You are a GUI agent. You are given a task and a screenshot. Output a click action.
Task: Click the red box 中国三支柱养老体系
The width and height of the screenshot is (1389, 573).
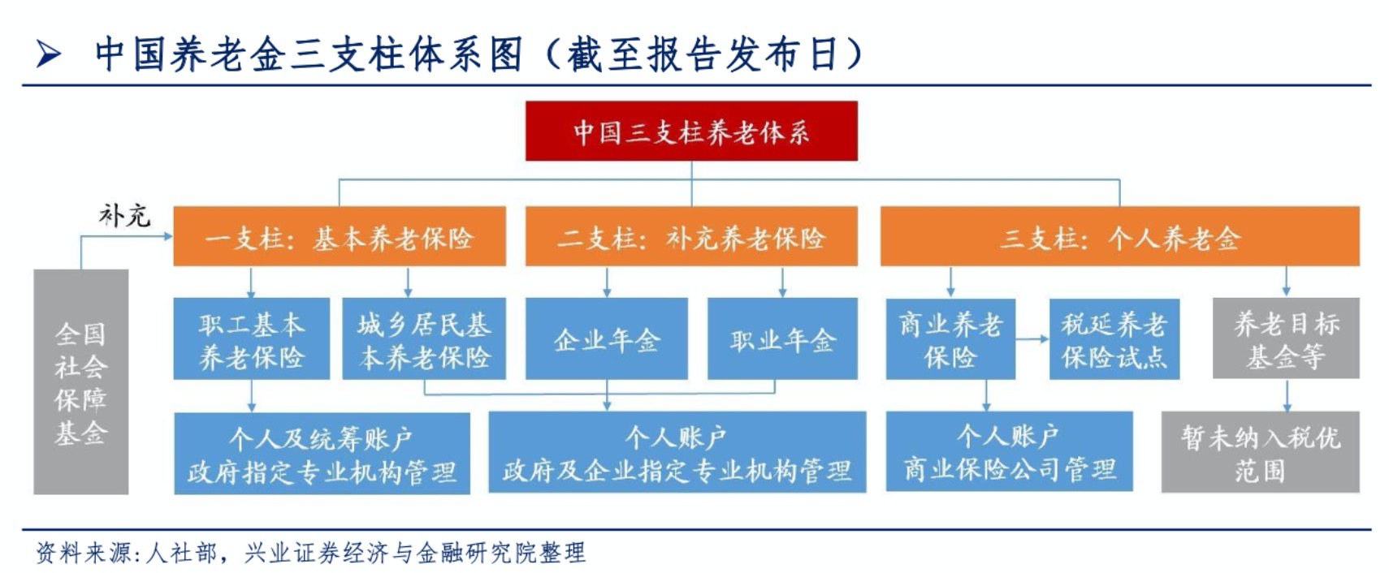tap(690, 131)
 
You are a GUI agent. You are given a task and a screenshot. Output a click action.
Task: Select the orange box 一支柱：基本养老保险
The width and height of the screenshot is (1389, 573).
tap(339, 237)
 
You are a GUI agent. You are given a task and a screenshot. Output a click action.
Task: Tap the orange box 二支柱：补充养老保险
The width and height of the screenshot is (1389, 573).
tap(690, 237)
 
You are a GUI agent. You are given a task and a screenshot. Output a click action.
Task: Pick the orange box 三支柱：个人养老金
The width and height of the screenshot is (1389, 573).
tap(1119, 237)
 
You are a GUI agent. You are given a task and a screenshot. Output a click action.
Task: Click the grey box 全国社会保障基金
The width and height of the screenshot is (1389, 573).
tap(80, 381)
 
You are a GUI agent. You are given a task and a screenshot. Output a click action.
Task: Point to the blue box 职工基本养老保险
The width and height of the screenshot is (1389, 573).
tap(251, 339)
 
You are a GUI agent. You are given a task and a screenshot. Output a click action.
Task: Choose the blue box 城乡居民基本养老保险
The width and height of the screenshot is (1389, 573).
tap(423, 339)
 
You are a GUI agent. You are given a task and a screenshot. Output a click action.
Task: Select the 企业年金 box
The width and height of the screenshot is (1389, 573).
tap(606, 339)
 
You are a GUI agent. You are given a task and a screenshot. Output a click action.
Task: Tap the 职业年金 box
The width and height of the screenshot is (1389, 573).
tap(781, 339)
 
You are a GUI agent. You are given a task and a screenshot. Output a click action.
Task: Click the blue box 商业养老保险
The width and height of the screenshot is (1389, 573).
tap(950, 339)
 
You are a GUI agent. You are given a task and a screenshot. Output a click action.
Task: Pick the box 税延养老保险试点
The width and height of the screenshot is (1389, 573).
tap(1114, 339)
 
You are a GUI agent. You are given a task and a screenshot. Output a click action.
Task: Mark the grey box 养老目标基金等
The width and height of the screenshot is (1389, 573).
tap(1285, 339)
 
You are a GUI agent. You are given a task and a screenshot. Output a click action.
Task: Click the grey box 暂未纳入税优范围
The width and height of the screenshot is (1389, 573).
tap(1260, 452)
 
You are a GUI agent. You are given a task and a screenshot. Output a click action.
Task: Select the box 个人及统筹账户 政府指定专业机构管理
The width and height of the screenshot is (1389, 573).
tap(322, 453)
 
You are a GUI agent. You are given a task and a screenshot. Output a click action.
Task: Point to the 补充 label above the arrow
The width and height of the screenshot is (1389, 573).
tap(124, 215)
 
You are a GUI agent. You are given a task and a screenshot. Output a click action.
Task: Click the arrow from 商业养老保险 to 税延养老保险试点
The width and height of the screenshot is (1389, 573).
tap(1032, 339)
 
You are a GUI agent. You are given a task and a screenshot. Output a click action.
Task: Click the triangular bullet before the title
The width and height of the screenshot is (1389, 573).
tap(49, 55)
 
